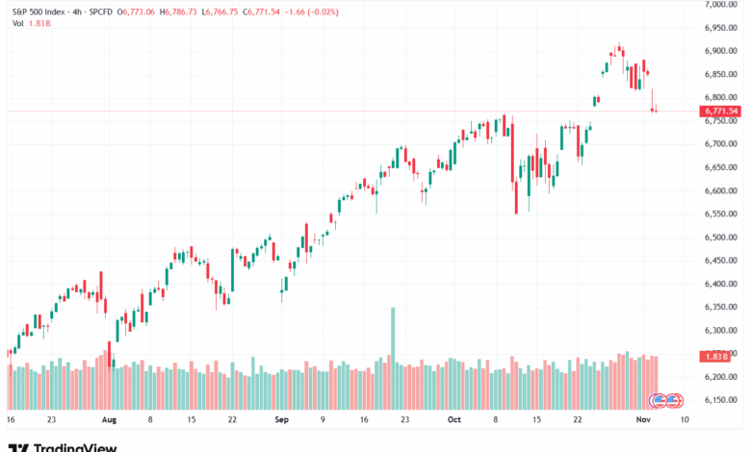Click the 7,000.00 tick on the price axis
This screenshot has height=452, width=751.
click(x=720, y=5)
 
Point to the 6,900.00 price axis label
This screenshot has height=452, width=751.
click(x=720, y=51)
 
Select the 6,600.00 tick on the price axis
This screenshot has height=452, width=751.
click(x=720, y=190)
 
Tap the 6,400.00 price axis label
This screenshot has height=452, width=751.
click(x=720, y=284)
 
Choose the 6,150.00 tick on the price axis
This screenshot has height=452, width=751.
click(x=720, y=400)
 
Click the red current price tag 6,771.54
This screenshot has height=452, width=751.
click(x=720, y=112)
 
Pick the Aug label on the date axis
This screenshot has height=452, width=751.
click(x=109, y=420)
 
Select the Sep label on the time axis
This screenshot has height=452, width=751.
click(x=281, y=420)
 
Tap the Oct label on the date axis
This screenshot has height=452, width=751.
click(x=454, y=420)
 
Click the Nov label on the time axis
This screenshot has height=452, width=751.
click(x=641, y=420)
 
